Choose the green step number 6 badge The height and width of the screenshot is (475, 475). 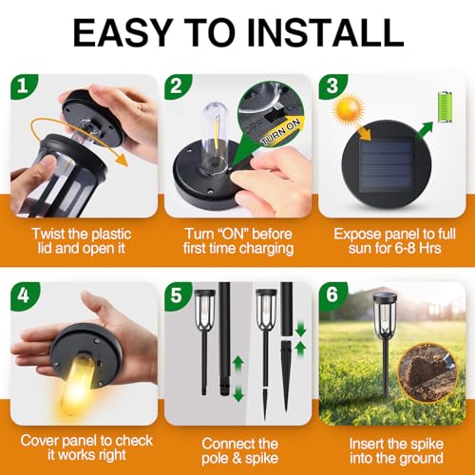(x=332, y=294)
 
